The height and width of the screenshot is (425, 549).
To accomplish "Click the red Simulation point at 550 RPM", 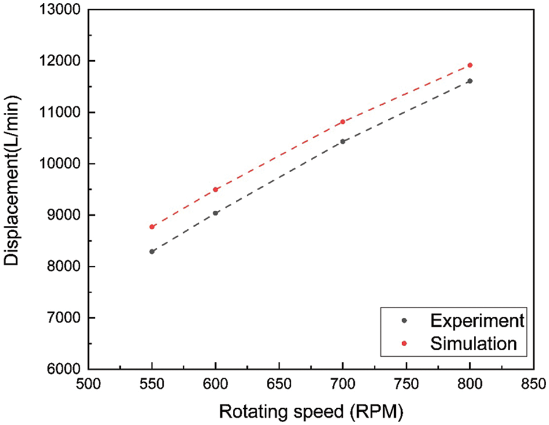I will tap(152, 226).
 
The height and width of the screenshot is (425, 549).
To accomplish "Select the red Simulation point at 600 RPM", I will tap(216, 189).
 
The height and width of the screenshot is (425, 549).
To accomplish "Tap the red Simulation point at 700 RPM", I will tap(343, 122).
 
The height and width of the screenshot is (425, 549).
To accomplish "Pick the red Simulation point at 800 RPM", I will tap(470, 65).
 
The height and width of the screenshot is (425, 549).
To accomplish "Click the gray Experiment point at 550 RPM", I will tap(152, 251).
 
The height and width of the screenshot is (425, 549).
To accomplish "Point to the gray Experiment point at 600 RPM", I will tap(216, 213).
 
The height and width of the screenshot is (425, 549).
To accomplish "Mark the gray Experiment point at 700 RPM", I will tap(343, 141).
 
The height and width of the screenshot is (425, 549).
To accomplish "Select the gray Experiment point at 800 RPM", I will tap(470, 81).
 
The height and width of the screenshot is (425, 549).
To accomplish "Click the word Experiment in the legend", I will tap(477, 320).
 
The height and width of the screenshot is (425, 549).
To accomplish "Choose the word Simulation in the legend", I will tap(473, 343).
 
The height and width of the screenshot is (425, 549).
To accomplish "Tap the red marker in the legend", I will tap(405, 343).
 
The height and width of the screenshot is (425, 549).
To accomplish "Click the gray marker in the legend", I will tap(405, 320).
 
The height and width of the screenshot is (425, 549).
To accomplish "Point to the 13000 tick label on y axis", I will tap(62, 10).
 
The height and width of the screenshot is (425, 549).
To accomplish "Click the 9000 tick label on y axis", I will tap(66, 215).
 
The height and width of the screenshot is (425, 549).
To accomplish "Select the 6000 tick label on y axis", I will tap(66, 369).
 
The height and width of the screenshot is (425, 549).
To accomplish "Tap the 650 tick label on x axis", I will tap(279, 383).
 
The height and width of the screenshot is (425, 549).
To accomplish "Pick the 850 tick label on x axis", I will tap(533, 383).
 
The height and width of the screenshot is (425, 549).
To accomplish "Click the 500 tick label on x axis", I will tap(88, 383).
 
